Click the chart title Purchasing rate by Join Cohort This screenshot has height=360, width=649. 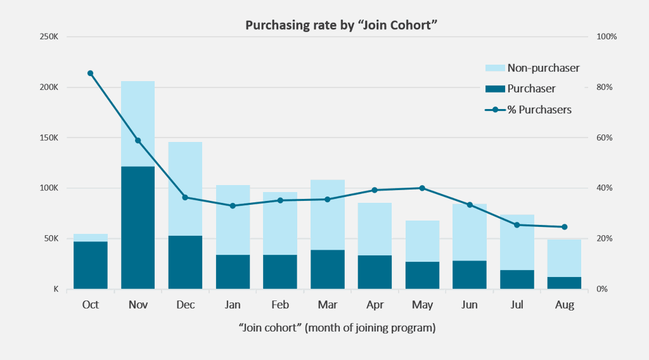(324, 26)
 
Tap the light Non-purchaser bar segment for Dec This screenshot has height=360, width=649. (185, 188)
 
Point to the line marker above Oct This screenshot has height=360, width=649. (91, 74)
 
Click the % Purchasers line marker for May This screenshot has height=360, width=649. (422, 188)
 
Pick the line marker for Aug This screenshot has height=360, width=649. (564, 227)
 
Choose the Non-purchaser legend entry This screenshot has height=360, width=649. (532, 68)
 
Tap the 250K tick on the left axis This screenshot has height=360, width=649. (49, 37)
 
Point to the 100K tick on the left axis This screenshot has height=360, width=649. (49, 188)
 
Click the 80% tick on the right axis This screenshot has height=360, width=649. (606, 87)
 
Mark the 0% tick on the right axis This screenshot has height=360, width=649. (604, 289)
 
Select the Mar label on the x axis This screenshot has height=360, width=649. (327, 305)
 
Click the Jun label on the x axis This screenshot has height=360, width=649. (470, 305)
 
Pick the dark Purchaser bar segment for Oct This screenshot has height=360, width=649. (91, 265)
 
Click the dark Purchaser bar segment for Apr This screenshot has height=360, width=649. (375, 272)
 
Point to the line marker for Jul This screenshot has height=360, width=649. (517, 225)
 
